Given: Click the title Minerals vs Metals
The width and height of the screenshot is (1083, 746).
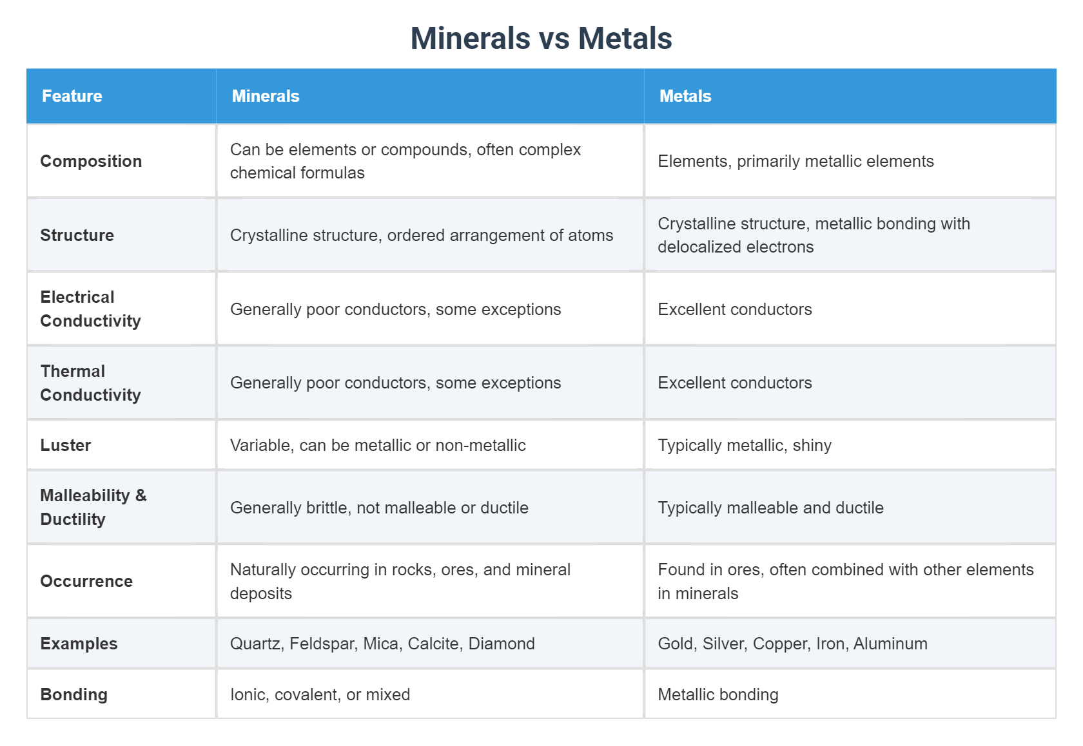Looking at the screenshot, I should click(541, 39).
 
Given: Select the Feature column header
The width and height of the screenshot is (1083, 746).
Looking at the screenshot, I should click(72, 97).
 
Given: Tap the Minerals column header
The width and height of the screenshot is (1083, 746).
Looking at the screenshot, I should click(266, 97).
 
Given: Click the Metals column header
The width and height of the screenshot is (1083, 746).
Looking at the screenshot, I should click(685, 97).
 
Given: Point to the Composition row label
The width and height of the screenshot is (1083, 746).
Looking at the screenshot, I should click(91, 161).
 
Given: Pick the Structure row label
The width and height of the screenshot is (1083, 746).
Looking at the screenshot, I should click(77, 235).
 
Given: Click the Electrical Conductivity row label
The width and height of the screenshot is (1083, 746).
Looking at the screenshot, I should click(90, 309).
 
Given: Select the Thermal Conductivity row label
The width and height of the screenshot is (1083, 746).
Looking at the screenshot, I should click(90, 383).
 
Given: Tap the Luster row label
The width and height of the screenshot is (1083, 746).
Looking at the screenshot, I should click(66, 446).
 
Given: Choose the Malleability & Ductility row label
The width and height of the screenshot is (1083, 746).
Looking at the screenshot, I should click(93, 508).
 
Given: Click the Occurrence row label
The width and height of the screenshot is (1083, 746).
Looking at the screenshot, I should click(86, 582).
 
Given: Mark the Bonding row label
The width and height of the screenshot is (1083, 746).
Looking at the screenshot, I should click(74, 695).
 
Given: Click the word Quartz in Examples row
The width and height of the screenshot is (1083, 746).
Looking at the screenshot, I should click(255, 644).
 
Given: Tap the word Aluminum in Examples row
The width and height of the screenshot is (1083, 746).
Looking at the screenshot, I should click(890, 644).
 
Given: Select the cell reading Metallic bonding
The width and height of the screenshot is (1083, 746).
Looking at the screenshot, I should click(718, 695).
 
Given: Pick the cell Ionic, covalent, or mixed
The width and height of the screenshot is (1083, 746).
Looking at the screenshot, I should click(320, 695).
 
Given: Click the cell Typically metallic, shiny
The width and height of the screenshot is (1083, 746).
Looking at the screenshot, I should click(745, 446).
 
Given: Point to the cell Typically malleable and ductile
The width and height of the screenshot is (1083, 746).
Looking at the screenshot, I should click(770, 508).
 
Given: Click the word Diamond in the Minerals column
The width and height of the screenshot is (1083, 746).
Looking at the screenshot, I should click(502, 644).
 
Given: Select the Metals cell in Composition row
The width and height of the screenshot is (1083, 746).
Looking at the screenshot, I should click(795, 162).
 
